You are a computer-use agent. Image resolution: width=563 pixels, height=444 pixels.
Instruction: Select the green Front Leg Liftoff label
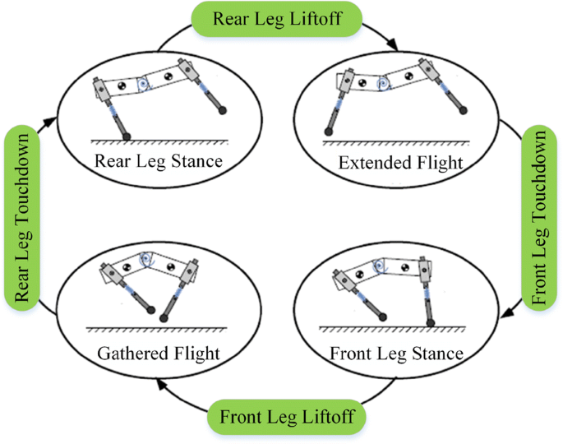click(287, 417)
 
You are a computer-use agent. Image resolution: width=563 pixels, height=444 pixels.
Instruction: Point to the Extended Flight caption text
click(400, 163)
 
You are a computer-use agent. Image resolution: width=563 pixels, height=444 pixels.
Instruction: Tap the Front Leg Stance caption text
click(395, 354)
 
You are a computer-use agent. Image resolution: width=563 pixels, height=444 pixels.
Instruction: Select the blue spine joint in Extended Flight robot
click(381, 84)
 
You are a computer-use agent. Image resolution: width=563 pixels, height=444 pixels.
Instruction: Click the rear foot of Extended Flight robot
click(329, 131)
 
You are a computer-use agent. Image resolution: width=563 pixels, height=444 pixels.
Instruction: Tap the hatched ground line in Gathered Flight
click(156, 331)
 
